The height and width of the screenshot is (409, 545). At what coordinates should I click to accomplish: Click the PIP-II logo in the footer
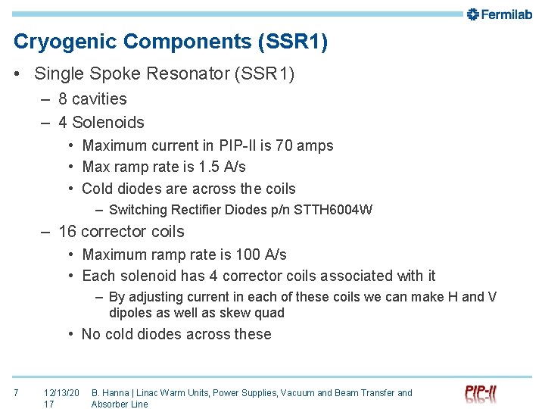tap(481, 393)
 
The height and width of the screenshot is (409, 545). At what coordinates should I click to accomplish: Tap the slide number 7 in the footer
tap(17, 392)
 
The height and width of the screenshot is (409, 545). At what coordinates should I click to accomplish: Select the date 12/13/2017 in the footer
tap(61, 398)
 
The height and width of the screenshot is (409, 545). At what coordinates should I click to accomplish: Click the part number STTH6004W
tap(335, 210)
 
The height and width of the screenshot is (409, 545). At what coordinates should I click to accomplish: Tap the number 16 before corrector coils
tap(67, 232)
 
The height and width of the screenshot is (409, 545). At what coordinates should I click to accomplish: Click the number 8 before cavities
tap(63, 99)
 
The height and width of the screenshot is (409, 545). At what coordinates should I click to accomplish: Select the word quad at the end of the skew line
tap(269, 313)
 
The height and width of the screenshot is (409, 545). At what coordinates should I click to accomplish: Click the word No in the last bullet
tap(91, 334)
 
